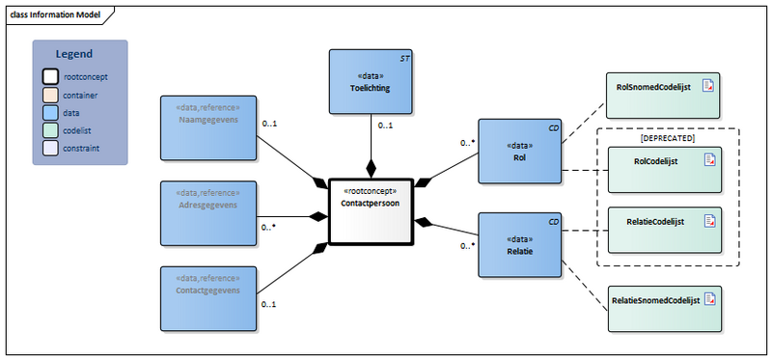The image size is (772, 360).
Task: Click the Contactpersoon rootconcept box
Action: coord(370,212)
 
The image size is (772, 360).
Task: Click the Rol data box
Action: coord(519,151)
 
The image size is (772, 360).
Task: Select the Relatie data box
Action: coord(519,246)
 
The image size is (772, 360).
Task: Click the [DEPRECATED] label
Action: coord(667,138)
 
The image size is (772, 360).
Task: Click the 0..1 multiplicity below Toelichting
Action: coord(384,125)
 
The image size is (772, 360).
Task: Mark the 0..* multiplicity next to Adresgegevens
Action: coord(269,228)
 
